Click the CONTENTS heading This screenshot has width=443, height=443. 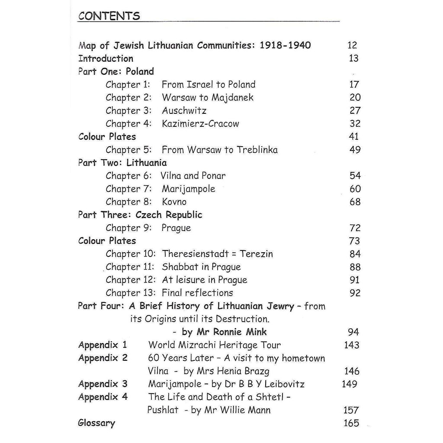point(109,16)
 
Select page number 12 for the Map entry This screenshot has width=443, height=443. point(352,45)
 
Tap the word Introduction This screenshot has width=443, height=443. point(106,58)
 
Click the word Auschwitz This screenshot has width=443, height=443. point(184,111)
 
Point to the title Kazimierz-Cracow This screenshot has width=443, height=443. point(200,124)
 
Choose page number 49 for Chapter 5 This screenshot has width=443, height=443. point(354,150)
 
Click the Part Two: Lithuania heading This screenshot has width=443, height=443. point(122,163)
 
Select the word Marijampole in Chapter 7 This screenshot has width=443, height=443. point(188,189)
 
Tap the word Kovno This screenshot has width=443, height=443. point(174,202)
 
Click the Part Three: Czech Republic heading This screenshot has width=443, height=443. point(140,215)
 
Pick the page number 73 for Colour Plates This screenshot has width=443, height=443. point(354,241)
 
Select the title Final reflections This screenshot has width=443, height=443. point(197,293)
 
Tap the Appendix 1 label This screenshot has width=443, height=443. point(103,345)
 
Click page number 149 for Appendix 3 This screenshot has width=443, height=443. point(350,384)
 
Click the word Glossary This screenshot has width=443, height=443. point(96,423)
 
